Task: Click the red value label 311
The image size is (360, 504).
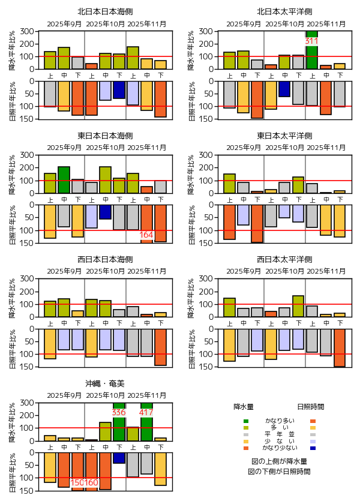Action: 311,41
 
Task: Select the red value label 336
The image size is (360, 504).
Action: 119,413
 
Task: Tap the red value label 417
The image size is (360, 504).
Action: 146,413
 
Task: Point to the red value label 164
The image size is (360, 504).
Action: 146,235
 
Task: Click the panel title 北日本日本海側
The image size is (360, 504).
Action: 105,12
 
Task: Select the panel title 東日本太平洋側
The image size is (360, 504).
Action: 284,136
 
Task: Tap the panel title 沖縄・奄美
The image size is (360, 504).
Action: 105,383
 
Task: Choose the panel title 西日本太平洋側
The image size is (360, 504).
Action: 284,259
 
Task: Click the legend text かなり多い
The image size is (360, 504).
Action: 279,421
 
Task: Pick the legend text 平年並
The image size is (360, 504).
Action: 279,434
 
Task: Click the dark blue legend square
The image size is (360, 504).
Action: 313,448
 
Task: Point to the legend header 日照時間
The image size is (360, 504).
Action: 312,407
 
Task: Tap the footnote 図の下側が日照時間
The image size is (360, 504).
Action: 279,472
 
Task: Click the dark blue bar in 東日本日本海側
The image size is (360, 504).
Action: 105,212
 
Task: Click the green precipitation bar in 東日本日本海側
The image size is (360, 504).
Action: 64,180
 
